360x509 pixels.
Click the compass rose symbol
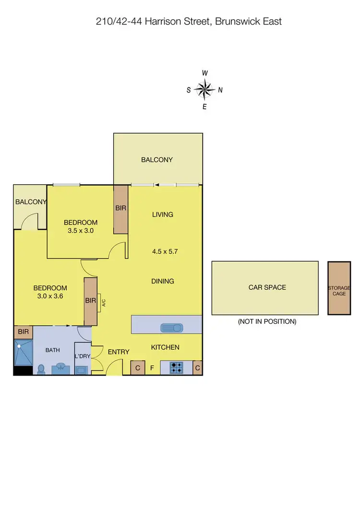[x=204, y=89]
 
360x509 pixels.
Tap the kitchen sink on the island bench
[x=171, y=328]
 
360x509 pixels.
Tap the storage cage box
[x=339, y=288]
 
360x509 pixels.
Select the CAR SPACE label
[x=267, y=287]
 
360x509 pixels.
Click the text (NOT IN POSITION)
[x=267, y=321]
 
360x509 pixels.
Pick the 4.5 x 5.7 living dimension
[x=162, y=251]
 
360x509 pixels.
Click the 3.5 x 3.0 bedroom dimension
[x=81, y=230]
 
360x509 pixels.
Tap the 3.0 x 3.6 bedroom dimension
[x=50, y=296]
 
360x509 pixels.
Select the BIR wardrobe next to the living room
[x=120, y=209]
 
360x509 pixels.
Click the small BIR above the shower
[x=23, y=331]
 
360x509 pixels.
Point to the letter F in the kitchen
[x=152, y=368]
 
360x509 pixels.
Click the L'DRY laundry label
[x=82, y=356]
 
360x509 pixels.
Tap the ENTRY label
[x=118, y=352]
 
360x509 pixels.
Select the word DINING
[x=162, y=281]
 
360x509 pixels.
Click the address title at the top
[x=189, y=21]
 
